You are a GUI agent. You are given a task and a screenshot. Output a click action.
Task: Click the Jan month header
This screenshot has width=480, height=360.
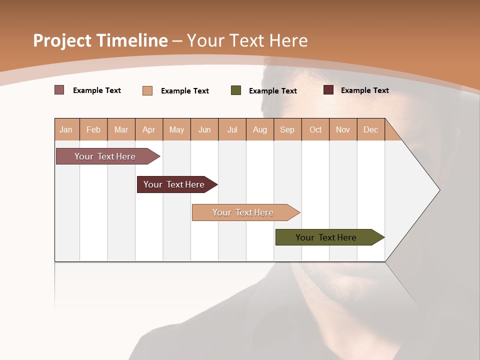pyautogui.click(x=66, y=129)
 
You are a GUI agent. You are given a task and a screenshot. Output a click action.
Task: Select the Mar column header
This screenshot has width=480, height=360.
pyautogui.click(x=121, y=129)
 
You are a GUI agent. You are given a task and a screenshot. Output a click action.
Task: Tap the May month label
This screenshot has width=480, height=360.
pyautogui.click(x=176, y=129)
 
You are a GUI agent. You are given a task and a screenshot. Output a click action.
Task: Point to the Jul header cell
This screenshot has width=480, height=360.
pyautogui.click(x=232, y=129)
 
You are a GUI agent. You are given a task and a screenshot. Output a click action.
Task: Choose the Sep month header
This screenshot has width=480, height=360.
pyautogui.click(x=287, y=129)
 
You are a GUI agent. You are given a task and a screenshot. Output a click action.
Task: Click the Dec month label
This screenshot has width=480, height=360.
pyautogui.click(x=370, y=129)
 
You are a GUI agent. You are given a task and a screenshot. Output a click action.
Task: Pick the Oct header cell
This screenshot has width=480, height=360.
pyautogui.click(x=315, y=129)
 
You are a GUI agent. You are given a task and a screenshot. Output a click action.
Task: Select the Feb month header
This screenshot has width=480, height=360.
pyautogui.click(x=93, y=129)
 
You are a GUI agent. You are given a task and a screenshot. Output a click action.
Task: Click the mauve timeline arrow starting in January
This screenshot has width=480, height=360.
pyautogui.click(x=105, y=156)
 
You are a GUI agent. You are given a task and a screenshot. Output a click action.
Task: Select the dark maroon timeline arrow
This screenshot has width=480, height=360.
pyautogui.click(x=174, y=184)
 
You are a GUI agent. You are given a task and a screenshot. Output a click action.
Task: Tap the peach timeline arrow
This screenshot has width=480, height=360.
pyautogui.click(x=243, y=212)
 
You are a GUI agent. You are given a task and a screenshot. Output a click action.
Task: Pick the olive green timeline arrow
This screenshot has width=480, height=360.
pyautogui.click(x=326, y=237)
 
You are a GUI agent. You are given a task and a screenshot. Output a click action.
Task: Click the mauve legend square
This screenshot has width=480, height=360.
pyautogui.click(x=59, y=90)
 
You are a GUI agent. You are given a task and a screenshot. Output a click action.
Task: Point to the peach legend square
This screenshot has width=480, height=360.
pyautogui.click(x=147, y=90)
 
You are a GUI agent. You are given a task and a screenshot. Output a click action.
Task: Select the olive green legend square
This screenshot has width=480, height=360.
pyautogui.click(x=236, y=90)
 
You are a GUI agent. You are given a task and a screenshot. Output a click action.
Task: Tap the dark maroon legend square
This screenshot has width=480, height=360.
pyautogui.click(x=328, y=90)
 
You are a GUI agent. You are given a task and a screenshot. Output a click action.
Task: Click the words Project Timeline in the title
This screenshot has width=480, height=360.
pyautogui.click(x=100, y=40)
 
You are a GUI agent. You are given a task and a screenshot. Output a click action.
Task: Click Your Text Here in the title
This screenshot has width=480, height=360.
pyautogui.click(x=247, y=40)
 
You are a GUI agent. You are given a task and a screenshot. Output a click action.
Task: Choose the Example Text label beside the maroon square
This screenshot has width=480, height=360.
pyautogui.click(x=364, y=90)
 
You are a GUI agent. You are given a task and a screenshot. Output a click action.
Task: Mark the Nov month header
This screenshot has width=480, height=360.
pyautogui.click(x=343, y=129)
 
